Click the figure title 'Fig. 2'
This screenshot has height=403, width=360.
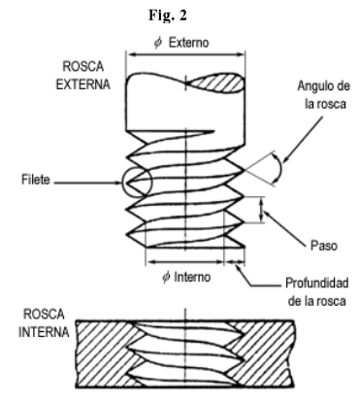[x=180, y=18]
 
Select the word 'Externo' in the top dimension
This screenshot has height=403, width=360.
[x=187, y=44]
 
